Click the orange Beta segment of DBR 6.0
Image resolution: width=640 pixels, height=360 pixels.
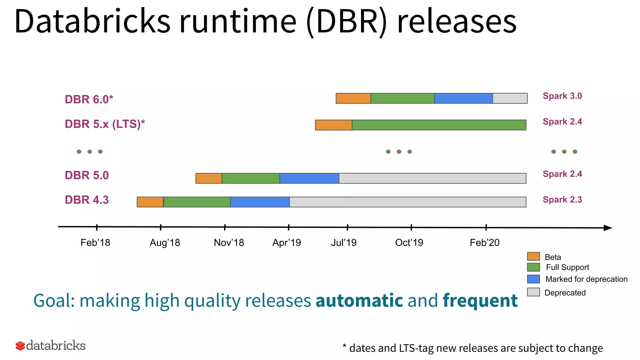[x=353, y=98]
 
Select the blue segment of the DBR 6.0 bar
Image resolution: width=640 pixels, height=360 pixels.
[x=463, y=98]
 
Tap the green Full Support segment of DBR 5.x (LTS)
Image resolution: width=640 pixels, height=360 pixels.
[x=439, y=125]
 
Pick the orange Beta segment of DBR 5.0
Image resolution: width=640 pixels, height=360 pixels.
[x=209, y=178]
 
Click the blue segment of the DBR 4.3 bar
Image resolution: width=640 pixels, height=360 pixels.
[x=260, y=202]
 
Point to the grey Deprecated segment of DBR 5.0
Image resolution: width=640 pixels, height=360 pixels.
[x=432, y=178]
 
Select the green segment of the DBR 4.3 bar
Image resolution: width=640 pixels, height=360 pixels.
[x=197, y=202]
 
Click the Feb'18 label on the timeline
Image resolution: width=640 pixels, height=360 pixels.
[x=95, y=242]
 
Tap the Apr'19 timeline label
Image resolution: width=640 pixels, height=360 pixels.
[x=287, y=242]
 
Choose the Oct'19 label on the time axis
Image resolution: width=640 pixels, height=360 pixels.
[x=409, y=242]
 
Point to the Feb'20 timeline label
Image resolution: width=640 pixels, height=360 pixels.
[x=485, y=242]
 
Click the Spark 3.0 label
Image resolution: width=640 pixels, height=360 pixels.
[x=562, y=96]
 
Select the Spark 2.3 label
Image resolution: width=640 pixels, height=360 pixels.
[x=562, y=199]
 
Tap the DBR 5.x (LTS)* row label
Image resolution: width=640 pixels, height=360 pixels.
[x=105, y=124]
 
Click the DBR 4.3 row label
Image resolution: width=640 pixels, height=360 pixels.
[x=87, y=200]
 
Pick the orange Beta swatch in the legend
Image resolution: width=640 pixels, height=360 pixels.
[x=533, y=256]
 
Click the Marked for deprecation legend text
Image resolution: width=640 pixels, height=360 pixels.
[x=587, y=279]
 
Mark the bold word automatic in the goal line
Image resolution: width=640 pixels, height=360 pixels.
[x=359, y=300]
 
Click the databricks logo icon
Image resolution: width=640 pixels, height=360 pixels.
[x=20, y=346]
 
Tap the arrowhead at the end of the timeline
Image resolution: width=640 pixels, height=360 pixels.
[x=607, y=228]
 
